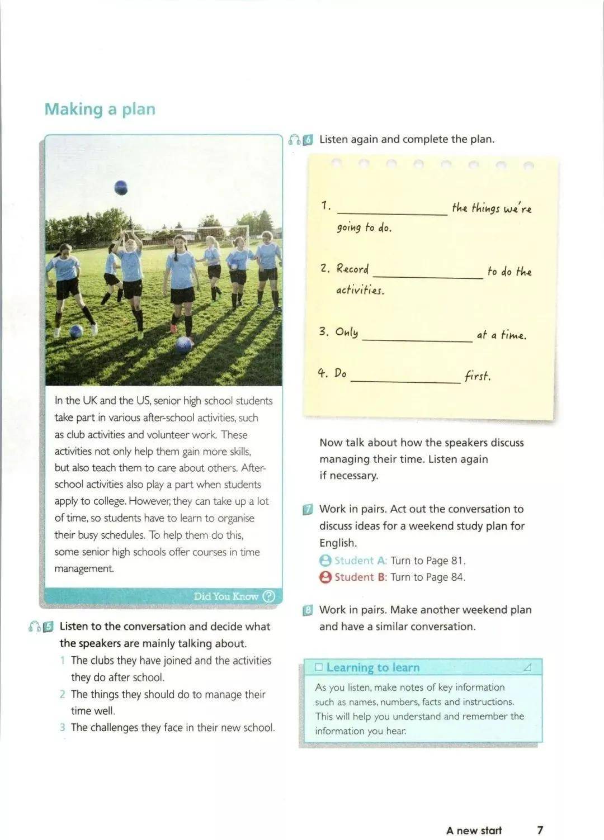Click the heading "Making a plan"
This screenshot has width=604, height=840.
click(x=100, y=109)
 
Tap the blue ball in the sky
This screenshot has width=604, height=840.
click(x=121, y=187)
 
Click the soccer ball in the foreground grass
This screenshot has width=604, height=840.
click(x=184, y=345)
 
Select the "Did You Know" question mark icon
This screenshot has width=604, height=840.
click(x=269, y=596)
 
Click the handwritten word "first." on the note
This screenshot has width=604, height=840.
click(x=478, y=376)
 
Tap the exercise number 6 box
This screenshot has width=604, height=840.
click(x=308, y=140)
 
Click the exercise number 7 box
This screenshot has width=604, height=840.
click(x=308, y=510)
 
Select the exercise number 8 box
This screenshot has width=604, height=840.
click(x=308, y=610)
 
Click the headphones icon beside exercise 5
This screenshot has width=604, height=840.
click(x=34, y=627)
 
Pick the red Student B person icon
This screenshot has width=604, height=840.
click(x=325, y=577)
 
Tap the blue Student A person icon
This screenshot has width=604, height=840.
click(x=325, y=561)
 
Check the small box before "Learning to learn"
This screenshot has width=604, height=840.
click(x=319, y=667)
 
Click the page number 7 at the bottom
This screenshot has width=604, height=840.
click(x=540, y=830)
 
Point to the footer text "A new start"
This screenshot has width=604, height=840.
click(x=474, y=830)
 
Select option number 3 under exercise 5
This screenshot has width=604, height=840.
click(x=63, y=728)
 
